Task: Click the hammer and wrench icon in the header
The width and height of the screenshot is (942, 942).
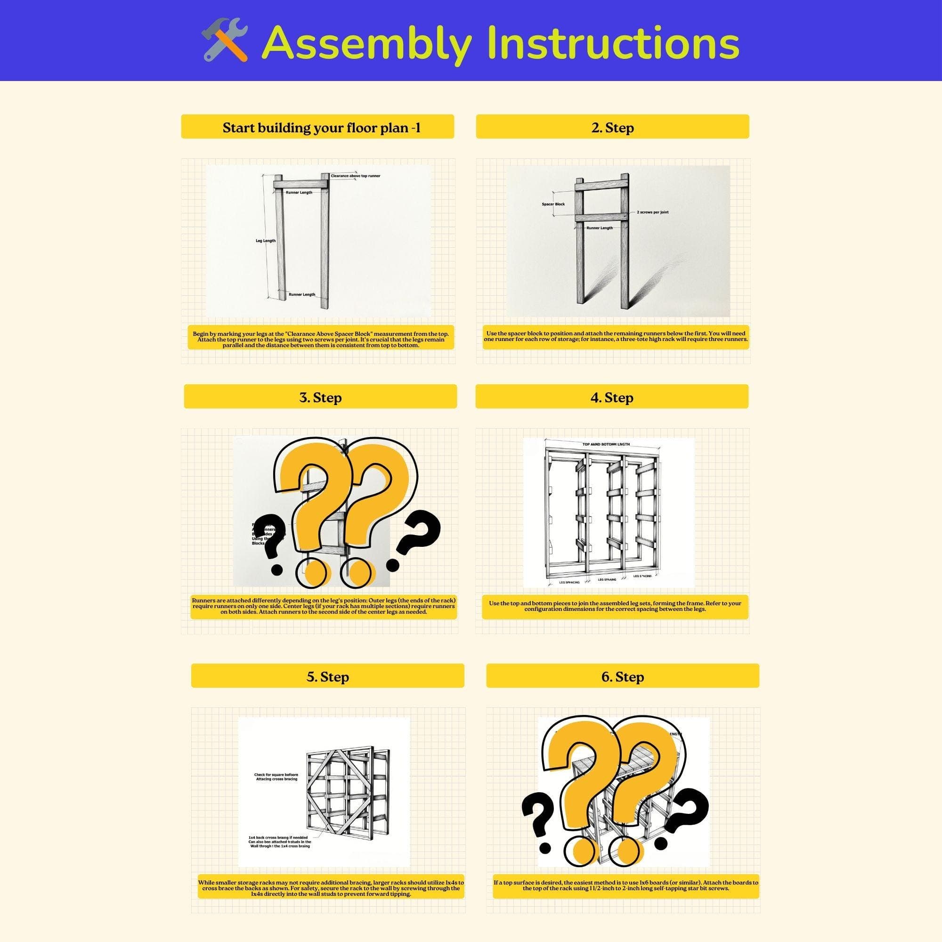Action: pyautogui.click(x=225, y=40)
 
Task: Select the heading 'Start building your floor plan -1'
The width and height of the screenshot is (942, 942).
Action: pyautogui.click(x=321, y=128)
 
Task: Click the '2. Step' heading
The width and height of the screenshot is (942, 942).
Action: pyautogui.click(x=612, y=128)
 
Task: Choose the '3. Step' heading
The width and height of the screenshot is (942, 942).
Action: pyautogui.click(x=320, y=398)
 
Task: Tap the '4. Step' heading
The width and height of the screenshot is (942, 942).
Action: pyautogui.click(x=612, y=398)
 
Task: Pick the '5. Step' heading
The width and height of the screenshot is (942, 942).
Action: pyautogui.click(x=328, y=677)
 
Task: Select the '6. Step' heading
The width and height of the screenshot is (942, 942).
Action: pyautogui.click(x=623, y=677)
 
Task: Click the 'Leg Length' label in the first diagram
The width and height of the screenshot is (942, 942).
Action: pyautogui.click(x=266, y=241)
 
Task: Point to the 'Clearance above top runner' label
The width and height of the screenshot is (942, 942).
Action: pyautogui.click(x=356, y=176)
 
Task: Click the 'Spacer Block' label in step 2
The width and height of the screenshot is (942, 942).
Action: pyautogui.click(x=553, y=204)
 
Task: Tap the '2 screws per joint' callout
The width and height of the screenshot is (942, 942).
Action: pyautogui.click(x=652, y=212)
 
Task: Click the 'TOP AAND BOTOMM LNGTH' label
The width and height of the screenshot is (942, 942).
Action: pyautogui.click(x=606, y=444)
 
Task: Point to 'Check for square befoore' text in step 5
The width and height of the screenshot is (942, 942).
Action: pyautogui.click(x=276, y=775)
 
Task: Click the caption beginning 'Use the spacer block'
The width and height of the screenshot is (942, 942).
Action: pyautogui.click(x=615, y=336)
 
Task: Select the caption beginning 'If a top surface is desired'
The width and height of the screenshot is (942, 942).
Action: pyautogui.click(x=625, y=885)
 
